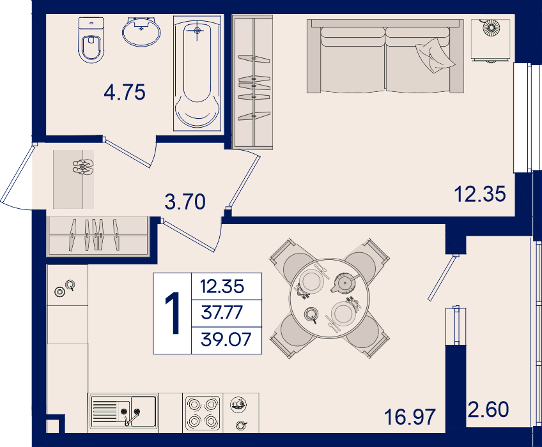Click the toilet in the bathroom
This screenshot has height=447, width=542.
pos(91,40)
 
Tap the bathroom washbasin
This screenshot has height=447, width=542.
pos(141,32)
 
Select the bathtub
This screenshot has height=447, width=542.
pos(197,73)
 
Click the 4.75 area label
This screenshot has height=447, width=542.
pos(125,92)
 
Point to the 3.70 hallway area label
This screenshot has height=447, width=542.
pos(185,202)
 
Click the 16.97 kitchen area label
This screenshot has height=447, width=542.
pos(410,416)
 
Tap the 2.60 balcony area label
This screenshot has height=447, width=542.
pos(488,409)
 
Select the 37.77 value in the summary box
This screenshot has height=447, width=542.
pos(222,313)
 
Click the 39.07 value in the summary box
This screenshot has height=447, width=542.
pos(226,339)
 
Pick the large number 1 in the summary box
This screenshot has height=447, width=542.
pos(173,313)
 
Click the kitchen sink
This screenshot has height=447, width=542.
pos(123,411)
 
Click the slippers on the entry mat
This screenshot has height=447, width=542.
pos(83,167)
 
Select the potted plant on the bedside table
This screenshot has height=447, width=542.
pos(491,27)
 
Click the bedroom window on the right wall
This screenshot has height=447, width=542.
pos(522,117)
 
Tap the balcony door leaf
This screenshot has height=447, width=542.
pos(442,278)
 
